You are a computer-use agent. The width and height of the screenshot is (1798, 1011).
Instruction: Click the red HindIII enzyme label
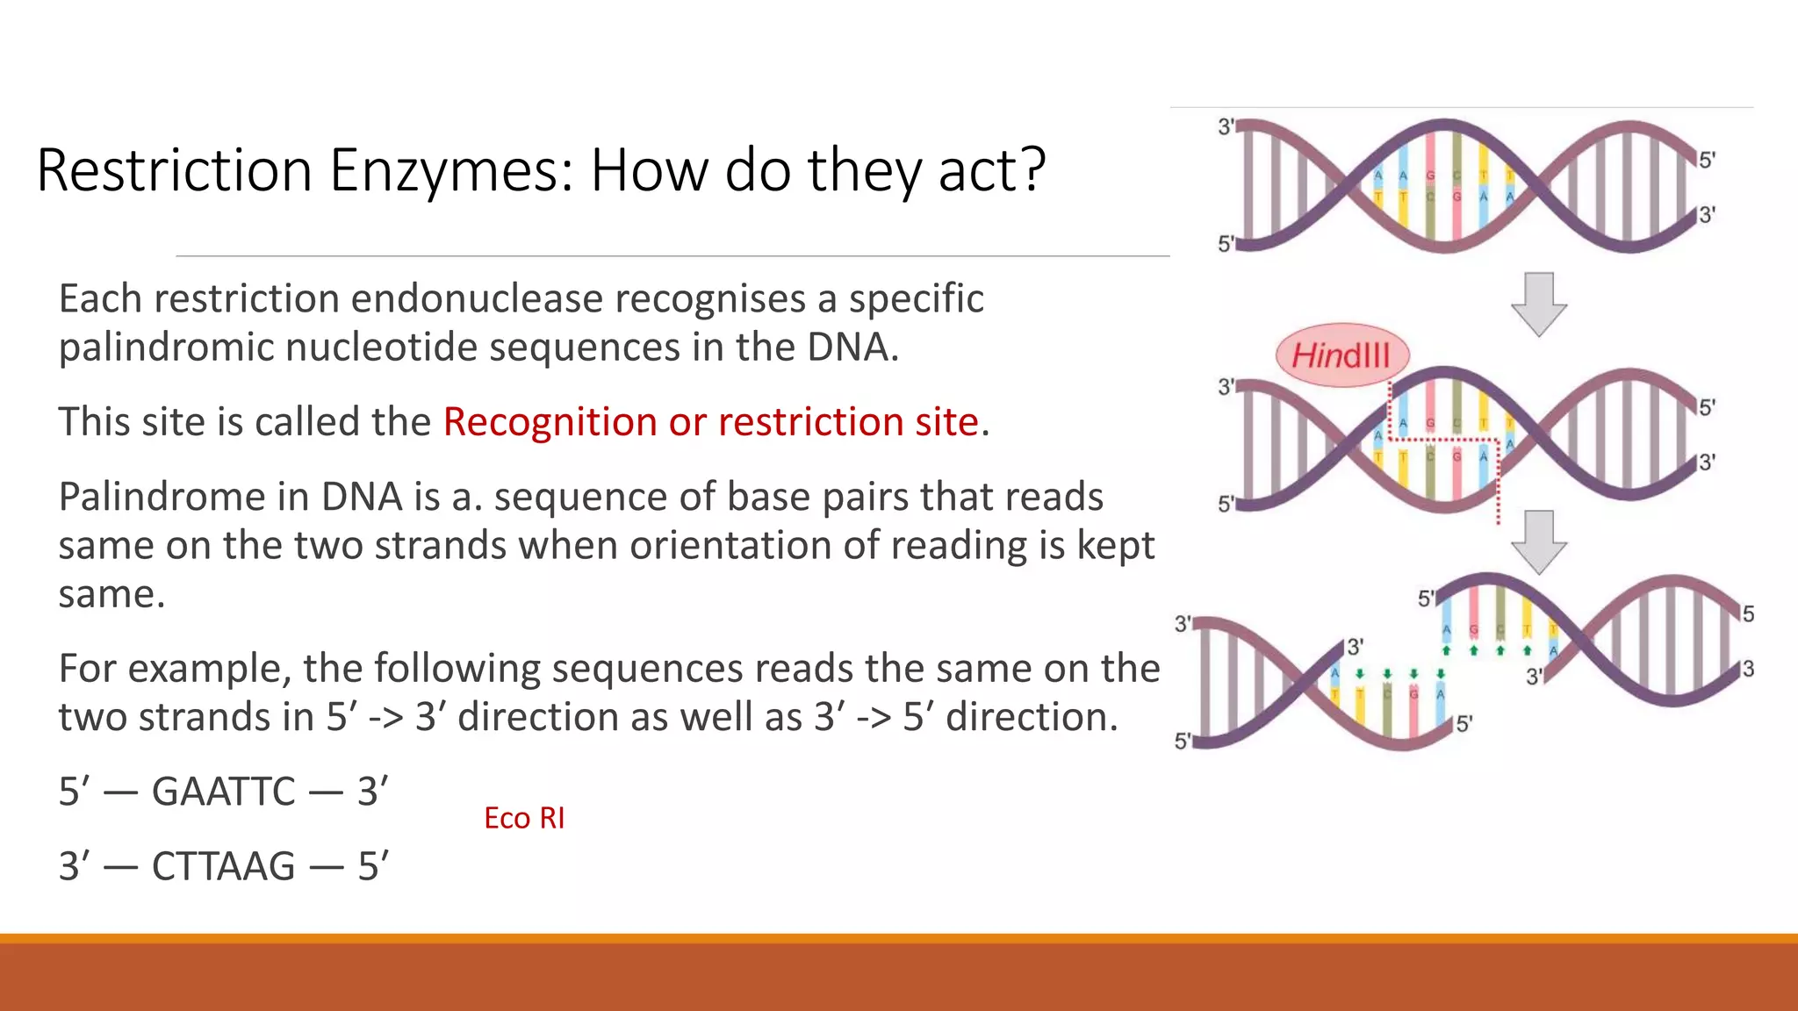tap(1341, 355)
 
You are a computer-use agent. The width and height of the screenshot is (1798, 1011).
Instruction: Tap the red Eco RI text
tap(524, 818)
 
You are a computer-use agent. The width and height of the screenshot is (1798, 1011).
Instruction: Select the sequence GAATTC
tap(223, 792)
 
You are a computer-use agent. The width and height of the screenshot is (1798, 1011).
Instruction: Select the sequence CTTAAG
tap(223, 867)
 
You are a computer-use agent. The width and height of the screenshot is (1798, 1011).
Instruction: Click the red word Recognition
tap(550, 422)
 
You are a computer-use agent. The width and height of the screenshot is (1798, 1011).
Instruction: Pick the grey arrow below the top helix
tap(1538, 304)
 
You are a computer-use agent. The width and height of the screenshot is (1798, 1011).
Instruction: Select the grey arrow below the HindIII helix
tap(1538, 541)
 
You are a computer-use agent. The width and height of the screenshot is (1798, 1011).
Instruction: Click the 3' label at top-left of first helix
tap(1226, 127)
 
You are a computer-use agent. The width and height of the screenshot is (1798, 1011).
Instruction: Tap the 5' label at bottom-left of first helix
tap(1226, 244)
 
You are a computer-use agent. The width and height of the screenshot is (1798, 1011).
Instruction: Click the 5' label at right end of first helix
tap(1707, 160)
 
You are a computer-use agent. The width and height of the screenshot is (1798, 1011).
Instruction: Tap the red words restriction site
tap(848, 422)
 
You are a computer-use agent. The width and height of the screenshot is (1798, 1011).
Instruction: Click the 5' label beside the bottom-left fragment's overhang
tap(1464, 724)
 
